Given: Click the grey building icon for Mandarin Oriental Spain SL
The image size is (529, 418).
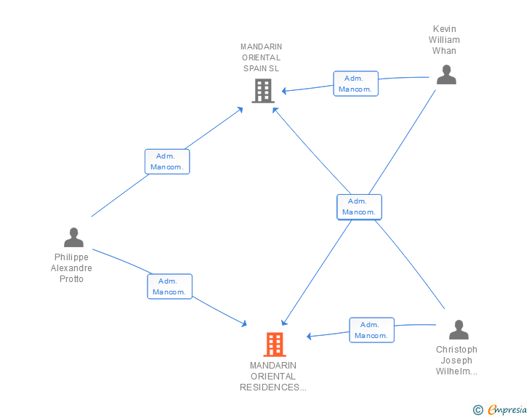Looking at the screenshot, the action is tap(263, 91).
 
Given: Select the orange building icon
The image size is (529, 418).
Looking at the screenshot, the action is tap(275, 345).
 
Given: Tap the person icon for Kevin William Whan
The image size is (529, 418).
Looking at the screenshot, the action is tap(446, 75).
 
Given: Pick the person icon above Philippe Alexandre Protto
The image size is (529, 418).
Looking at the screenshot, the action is tap(73, 238).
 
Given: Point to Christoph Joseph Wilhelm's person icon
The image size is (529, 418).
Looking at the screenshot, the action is tap(459, 329).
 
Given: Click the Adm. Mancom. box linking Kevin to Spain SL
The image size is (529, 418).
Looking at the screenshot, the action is tap(355, 84).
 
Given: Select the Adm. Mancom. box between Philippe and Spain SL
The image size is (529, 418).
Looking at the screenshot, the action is tap(167, 161).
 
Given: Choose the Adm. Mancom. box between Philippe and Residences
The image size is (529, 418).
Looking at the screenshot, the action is tap(170, 286).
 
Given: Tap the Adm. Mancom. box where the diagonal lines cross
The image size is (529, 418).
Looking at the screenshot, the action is tap(359, 207).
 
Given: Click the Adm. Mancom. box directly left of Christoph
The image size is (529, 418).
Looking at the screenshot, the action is tap(372, 330).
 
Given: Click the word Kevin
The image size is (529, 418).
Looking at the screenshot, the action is tap(444, 29).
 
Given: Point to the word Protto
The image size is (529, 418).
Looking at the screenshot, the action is tap(71, 279).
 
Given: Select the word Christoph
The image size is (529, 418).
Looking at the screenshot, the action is tap(456, 350).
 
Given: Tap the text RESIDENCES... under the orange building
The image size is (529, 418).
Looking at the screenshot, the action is tap(273, 387).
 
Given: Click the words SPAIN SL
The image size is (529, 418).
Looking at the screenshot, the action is tap(261, 68).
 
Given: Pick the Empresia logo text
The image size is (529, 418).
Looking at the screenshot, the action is tap(507, 409).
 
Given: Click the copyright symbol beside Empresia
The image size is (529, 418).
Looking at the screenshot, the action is tap(477, 410).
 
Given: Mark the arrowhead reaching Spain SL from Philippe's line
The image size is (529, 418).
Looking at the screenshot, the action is tap(241, 109).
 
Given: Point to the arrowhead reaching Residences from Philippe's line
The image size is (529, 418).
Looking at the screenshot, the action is tap(244, 323).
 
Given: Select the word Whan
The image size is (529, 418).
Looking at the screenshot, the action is tap(444, 51).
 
